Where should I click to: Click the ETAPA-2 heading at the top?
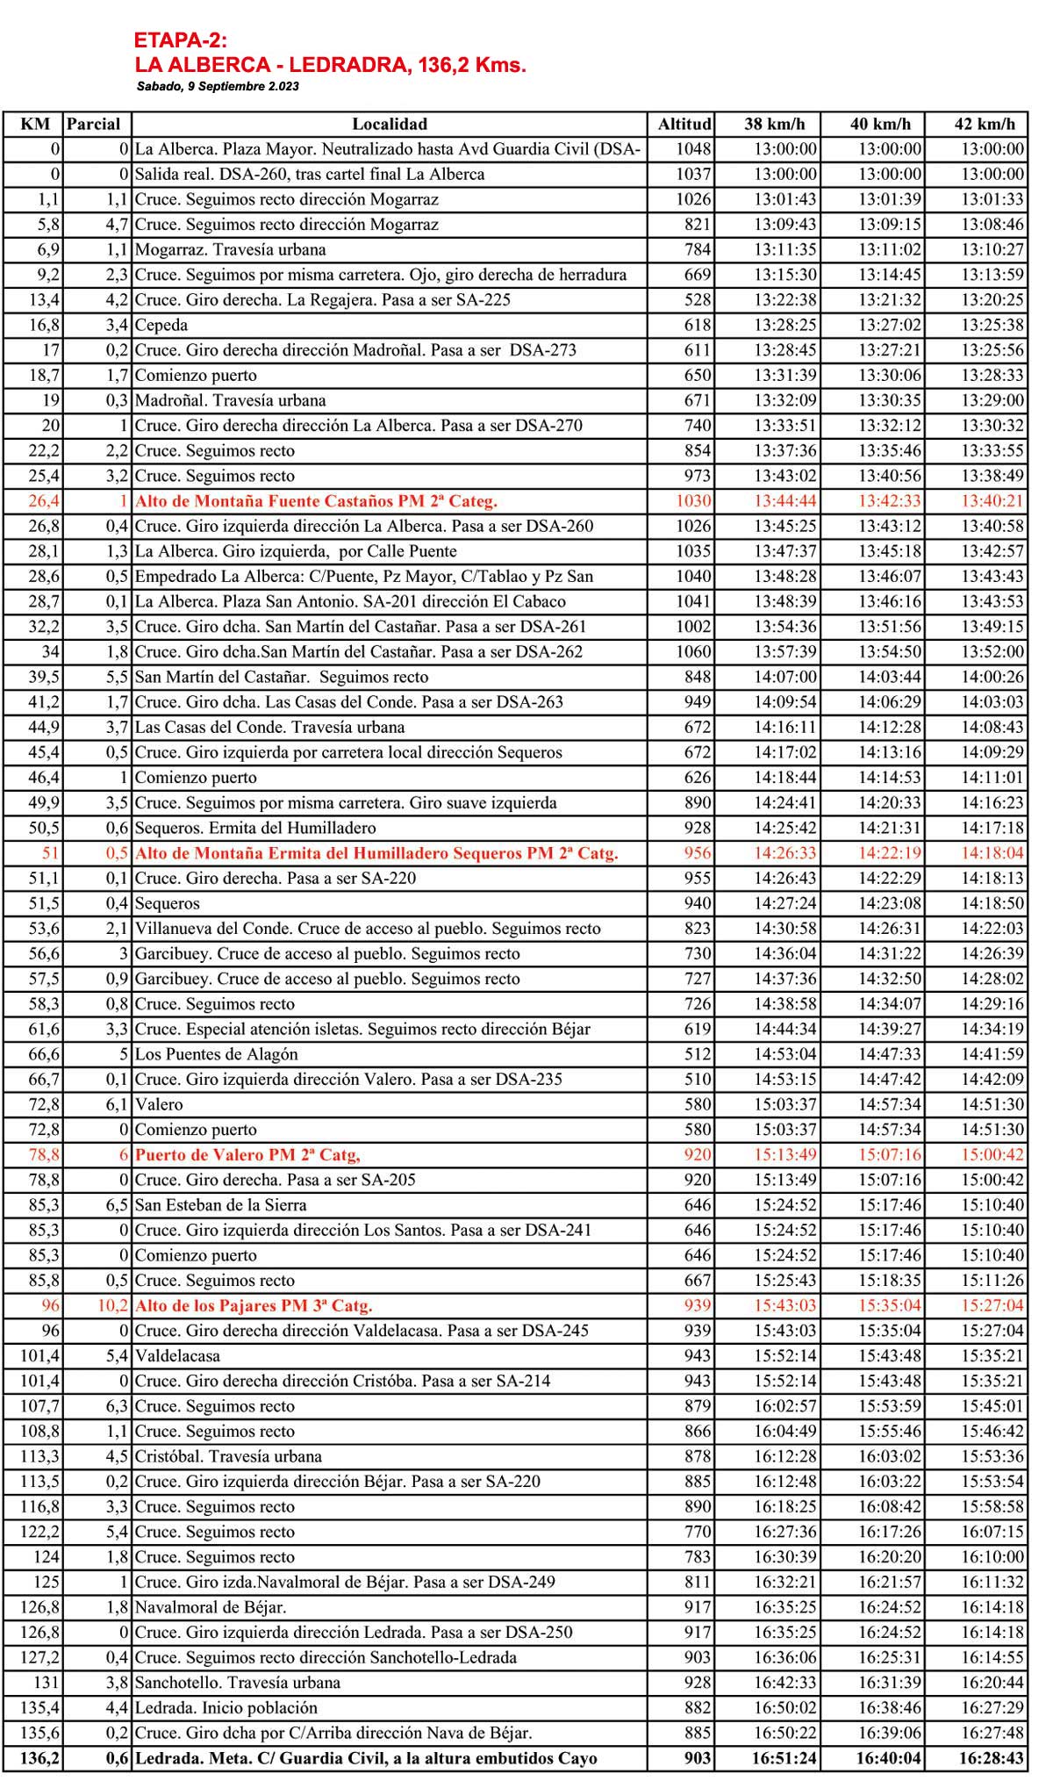181,40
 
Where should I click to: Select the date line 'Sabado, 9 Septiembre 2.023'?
218,87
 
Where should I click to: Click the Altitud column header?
684,124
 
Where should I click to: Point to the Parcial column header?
94,124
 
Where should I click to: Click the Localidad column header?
390,124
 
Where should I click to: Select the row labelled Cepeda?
161,325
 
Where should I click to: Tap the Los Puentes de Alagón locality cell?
217,1054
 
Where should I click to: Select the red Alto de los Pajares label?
254,1305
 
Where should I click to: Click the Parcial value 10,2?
112,1305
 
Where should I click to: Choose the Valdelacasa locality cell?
177,1355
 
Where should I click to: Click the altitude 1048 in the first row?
693,149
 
